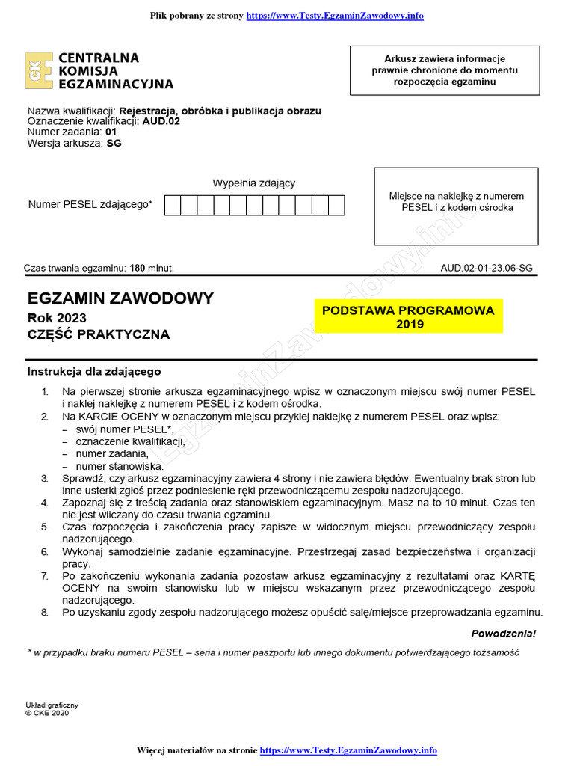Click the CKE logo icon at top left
[x=39, y=71]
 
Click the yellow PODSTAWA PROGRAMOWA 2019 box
[x=409, y=317]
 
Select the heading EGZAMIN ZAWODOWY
[x=120, y=298]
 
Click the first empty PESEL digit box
[x=173, y=205]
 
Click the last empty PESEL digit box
[x=336, y=205]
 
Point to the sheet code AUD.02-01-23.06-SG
[x=487, y=268]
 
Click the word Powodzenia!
[x=503, y=634]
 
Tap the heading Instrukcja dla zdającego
[x=94, y=371]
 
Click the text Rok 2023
[x=57, y=318]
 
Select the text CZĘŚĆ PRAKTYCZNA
[x=99, y=334]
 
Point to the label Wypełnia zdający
[x=254, y=183]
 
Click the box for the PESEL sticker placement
[x=456, y=206]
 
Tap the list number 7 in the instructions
[x=45, y=575]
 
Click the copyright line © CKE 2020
[x=46, y=713]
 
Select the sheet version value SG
[x=114, y=143]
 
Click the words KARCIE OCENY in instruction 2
[x=117, y=415]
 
